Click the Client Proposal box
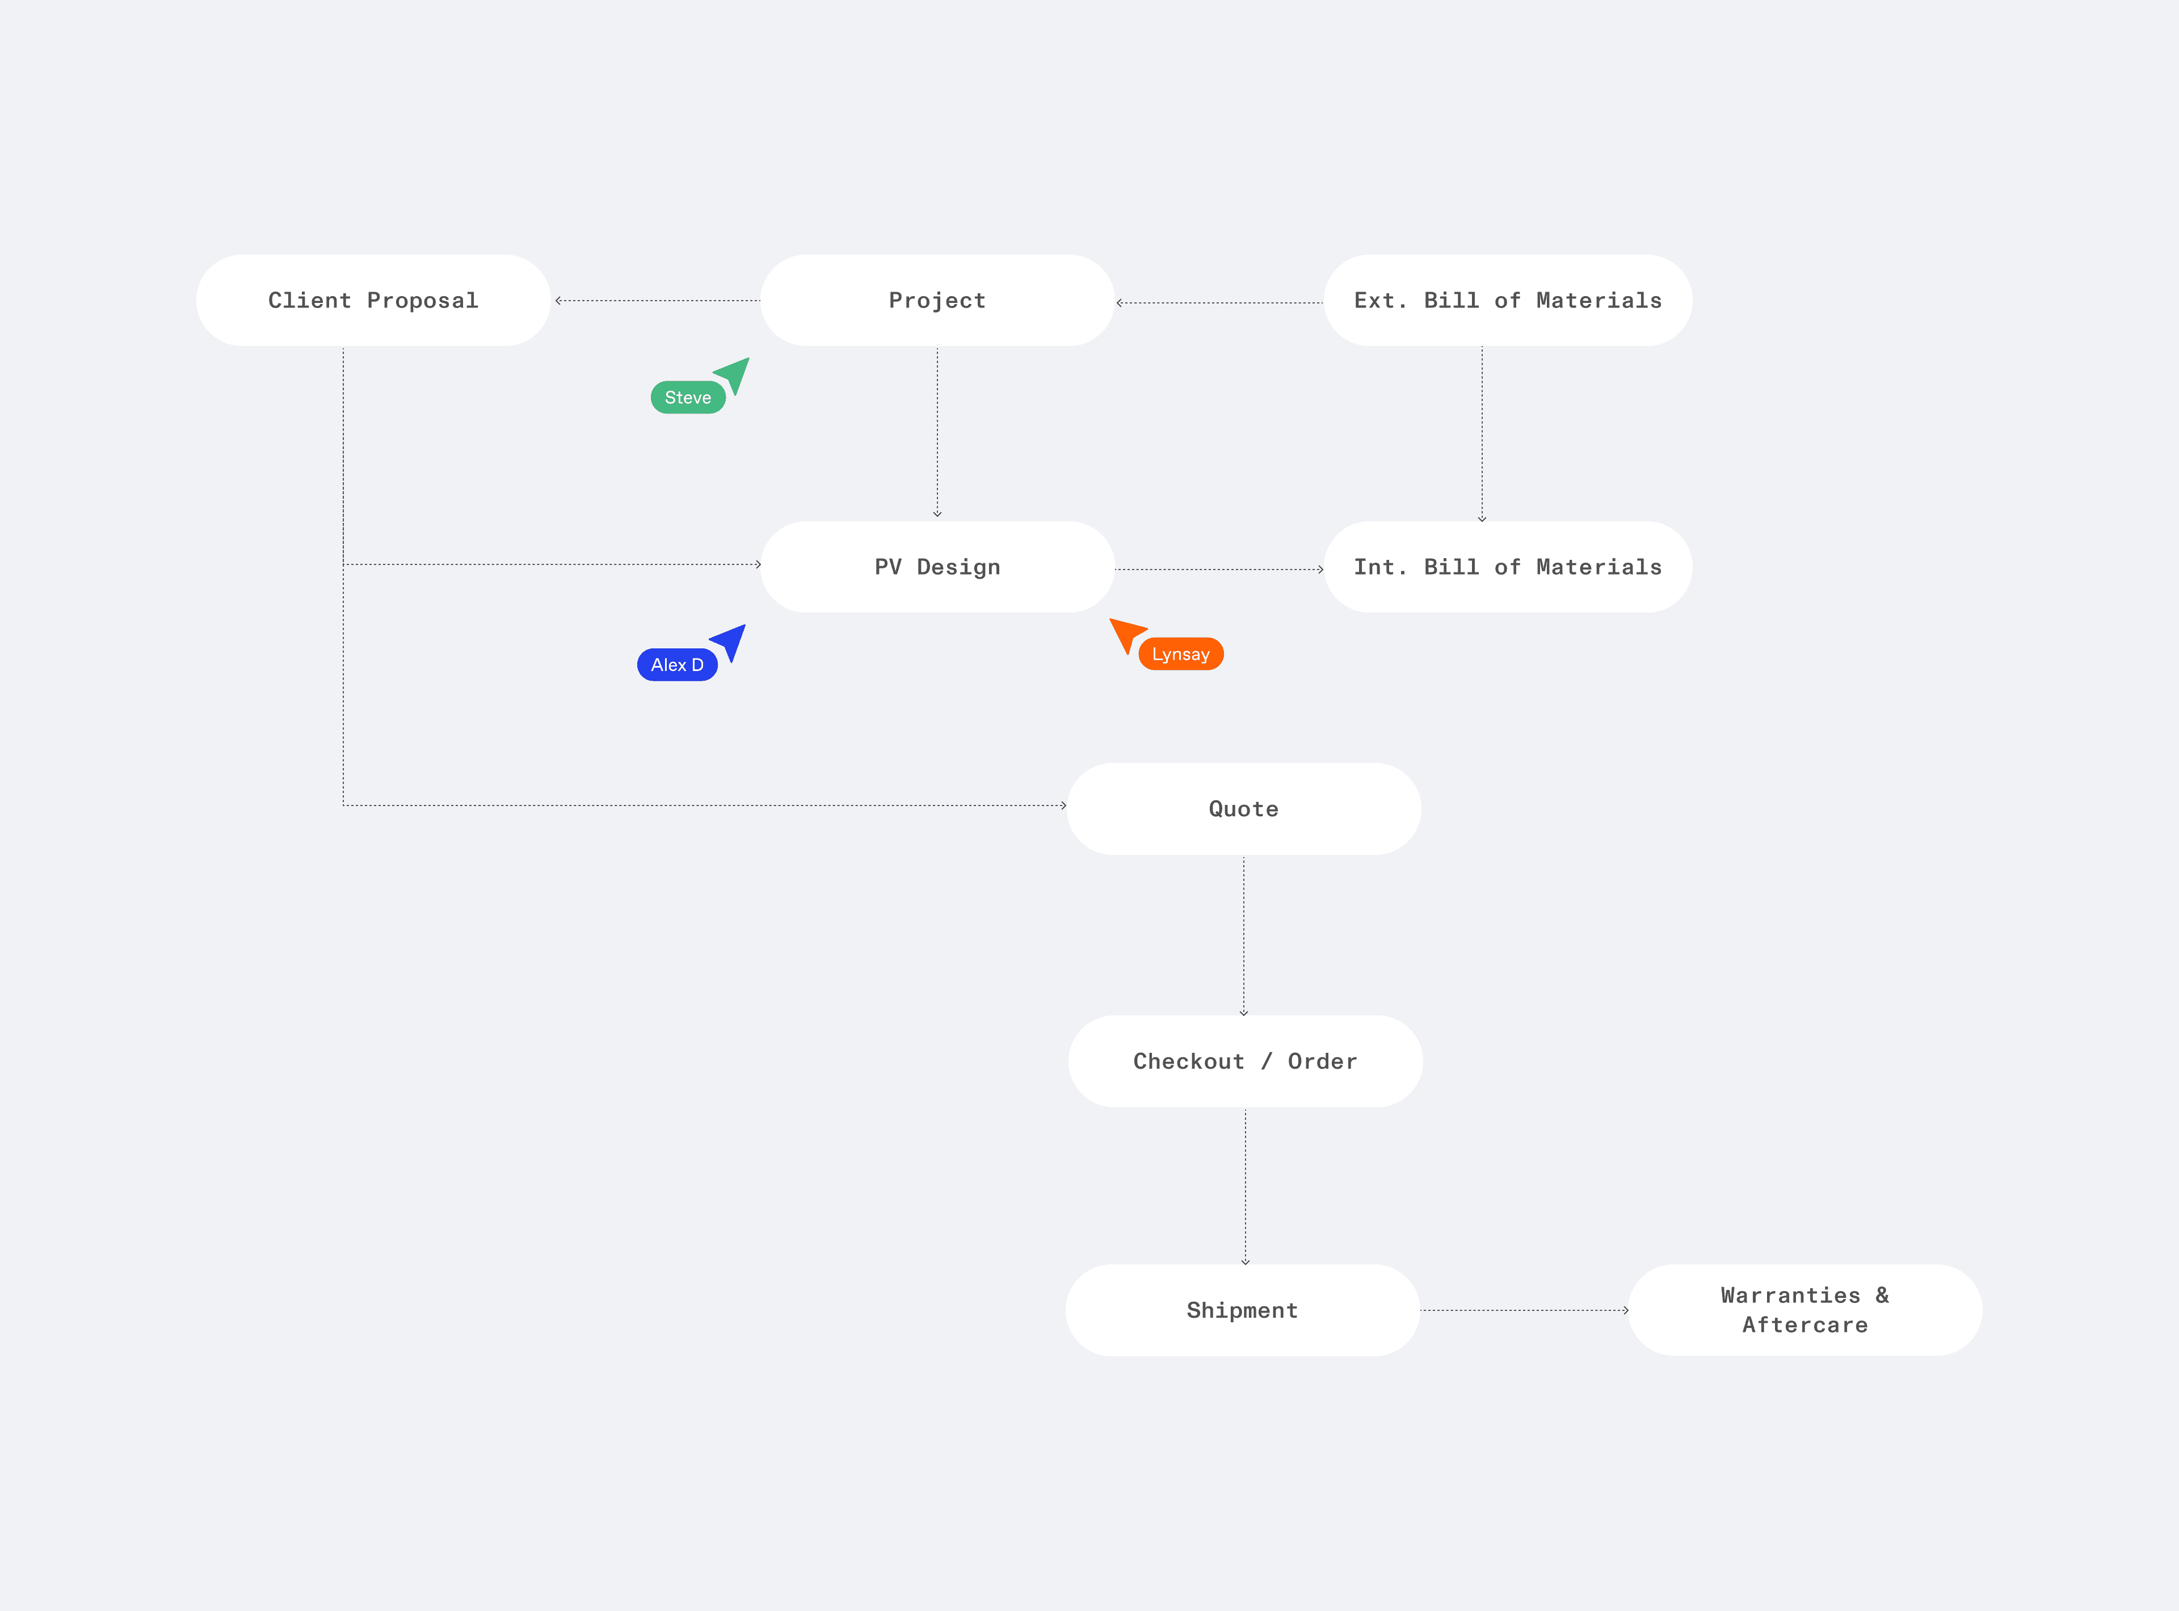[x=373, y=300]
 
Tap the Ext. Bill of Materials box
[x=1507, y=300]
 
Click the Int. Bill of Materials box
[x=1507, y=567]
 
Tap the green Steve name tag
[x=688, y=398]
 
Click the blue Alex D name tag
[x=677, y=665]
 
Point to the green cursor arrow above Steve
[x=734, y=373]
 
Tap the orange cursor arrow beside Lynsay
[x=1126, y=633]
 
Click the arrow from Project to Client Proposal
[x=657, y=300]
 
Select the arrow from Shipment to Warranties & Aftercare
[x=1524, y=1310]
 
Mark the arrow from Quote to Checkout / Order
[x=1244, y=935]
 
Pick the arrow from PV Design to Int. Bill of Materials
[x=1219, y=568]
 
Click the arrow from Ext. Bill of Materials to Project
[x=1219, y=302]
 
